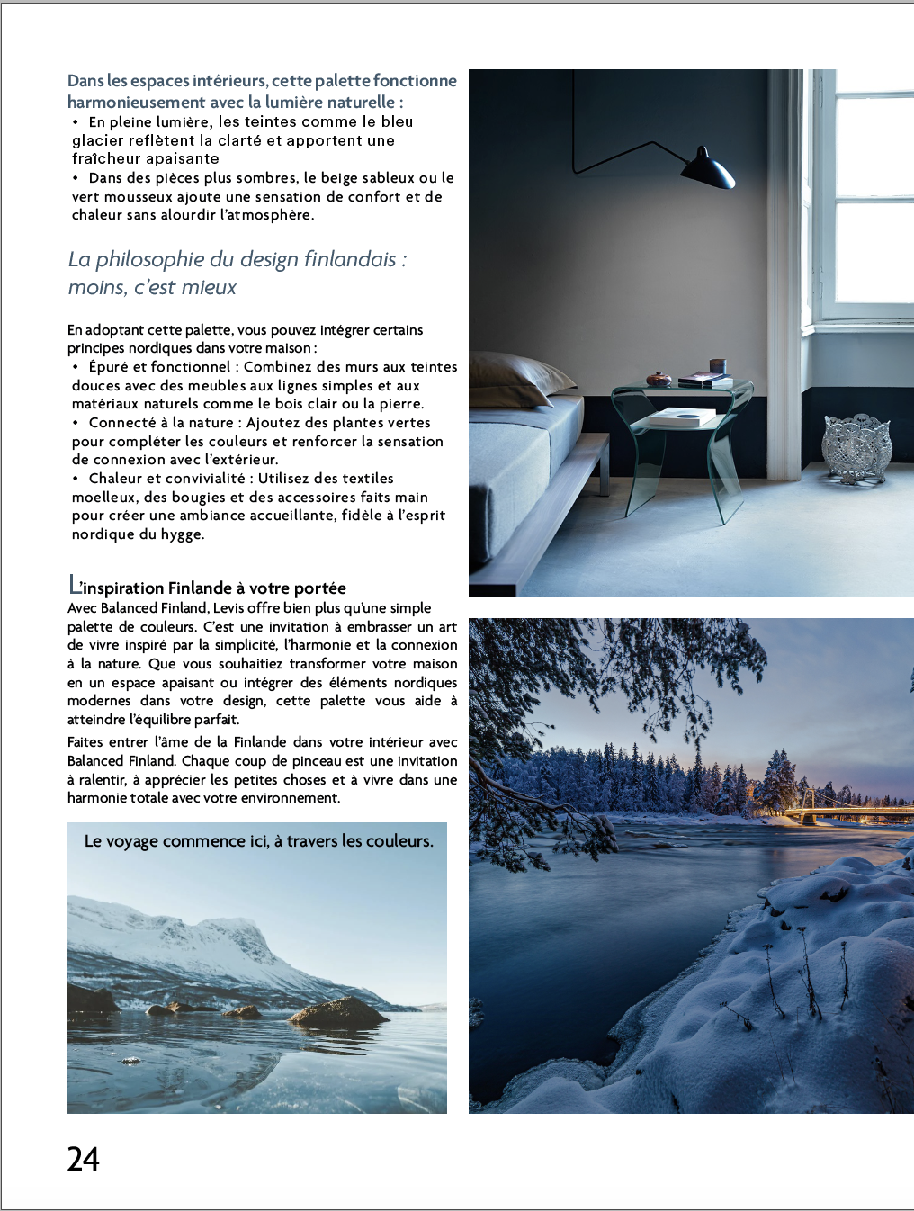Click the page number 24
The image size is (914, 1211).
(x=83, y=1159)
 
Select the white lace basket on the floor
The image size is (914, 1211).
(x=856, y=444)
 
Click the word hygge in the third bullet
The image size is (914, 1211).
(x=182, y=534)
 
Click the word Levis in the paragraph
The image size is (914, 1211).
(x=233, y=608)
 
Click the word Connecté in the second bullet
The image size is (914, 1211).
(x=123, y=423)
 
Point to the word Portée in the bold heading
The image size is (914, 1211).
(x=319, y=588)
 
